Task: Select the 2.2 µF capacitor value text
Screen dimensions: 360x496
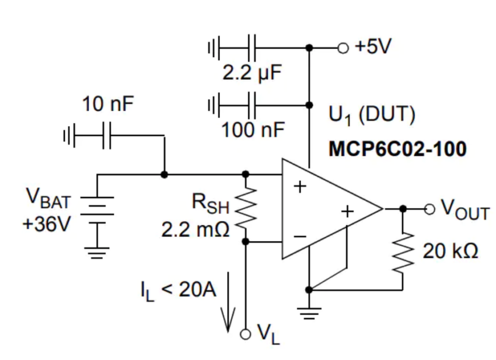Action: [252, 73]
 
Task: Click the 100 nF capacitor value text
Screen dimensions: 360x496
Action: [252, 130]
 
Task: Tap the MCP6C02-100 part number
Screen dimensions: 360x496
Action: [397, 149]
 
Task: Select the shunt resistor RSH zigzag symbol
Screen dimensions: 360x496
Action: [246, 207]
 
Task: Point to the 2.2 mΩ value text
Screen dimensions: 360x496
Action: [196, 229]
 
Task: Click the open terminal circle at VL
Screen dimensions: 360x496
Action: [246, 333]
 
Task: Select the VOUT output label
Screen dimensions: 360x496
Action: [464, 210]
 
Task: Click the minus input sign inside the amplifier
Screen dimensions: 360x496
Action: [300, 236]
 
